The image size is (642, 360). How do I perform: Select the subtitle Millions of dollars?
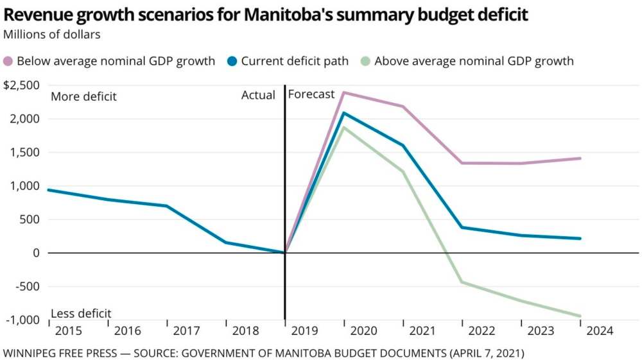click(x=52, y=35)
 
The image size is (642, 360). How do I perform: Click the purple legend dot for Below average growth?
click(x=9, y=62)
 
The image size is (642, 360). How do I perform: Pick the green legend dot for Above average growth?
click(x=365, y=62)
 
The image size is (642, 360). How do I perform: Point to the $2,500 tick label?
click(x=22, y=85)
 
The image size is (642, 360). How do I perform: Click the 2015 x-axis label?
click(x=68, y=331)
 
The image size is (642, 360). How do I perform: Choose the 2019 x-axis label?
click(x=305, y=331)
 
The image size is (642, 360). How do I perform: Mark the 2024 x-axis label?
click(x=600, y=331)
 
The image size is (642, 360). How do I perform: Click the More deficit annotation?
click(x=83, y=97)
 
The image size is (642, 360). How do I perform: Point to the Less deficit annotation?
click(x=81, y=314)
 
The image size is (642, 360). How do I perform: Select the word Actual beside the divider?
click(x=258, y=95)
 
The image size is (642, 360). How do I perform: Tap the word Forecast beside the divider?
click(x=311, y=94)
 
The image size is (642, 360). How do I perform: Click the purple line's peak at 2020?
click(x=345, y=92)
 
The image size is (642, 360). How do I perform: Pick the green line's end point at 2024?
click(x=580, y=316)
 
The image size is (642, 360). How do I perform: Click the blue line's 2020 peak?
click(x=345, y=113)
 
